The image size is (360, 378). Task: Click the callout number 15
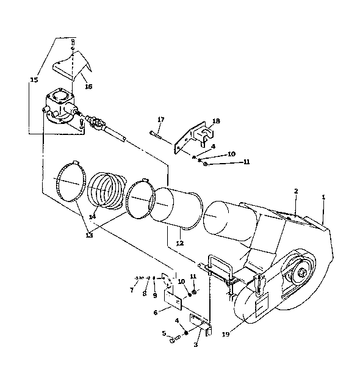[x=34, y=79]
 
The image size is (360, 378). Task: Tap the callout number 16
[x=88, y=86]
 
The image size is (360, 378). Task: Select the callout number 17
[x=161, y=119]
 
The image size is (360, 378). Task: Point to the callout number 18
[x=216, y=121]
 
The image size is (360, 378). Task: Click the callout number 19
[x=226, y=335]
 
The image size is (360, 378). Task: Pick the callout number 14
[x=92, y=217]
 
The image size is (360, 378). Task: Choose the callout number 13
[x=89, y=235]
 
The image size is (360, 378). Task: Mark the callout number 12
[x=180, y=243]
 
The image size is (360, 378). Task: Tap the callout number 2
[x=296, y=191]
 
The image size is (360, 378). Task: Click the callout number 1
[x=323, y=197]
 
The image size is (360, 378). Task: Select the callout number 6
[x=156, y=313]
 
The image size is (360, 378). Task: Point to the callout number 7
[x=132, y=291]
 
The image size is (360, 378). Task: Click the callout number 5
[x=164, y=333]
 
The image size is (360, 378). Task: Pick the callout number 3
[x=195, y=345]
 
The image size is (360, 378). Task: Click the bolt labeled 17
[x=156, y=134]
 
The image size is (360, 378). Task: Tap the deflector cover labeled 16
[x=72, y=65]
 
